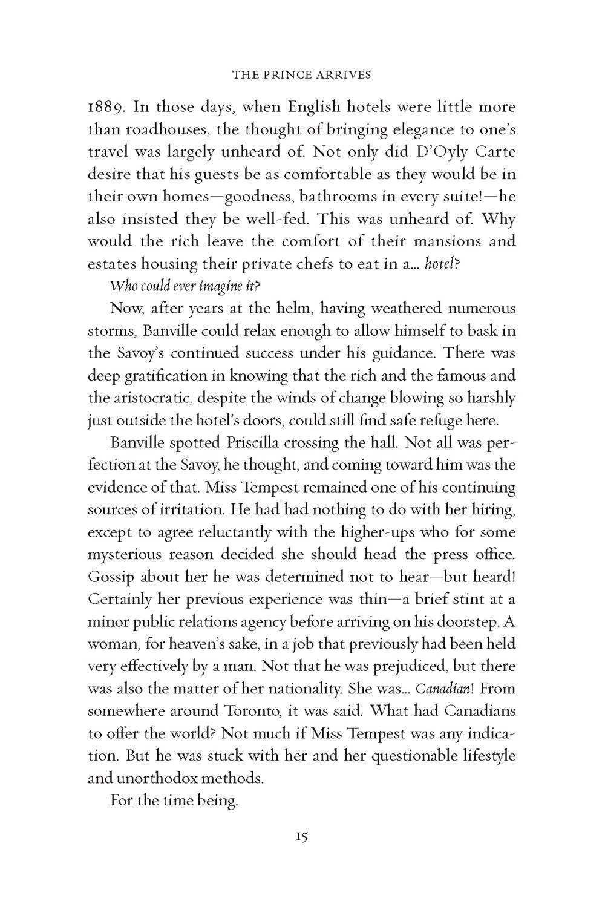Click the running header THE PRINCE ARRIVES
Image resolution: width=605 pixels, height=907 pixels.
pyautogui.click(x=302, y=76)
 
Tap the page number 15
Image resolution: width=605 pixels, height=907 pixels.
pyautogui.click(x=302, y=837)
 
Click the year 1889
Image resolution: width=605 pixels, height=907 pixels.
pyautogui.click(x=106, y=108)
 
